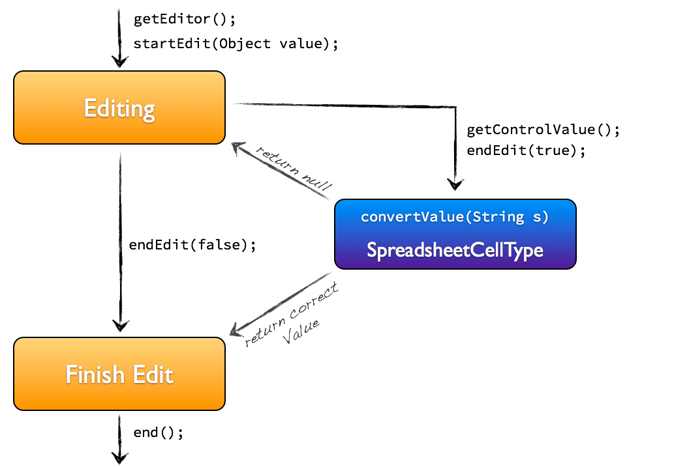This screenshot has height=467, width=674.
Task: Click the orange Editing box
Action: pos(119,107)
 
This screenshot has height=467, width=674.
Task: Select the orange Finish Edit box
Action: pos(119,374)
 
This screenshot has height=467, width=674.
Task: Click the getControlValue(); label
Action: pos(543,130)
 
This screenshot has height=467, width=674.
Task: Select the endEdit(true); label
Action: pos(526,150)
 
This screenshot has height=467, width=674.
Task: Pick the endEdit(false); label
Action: pos(192,245)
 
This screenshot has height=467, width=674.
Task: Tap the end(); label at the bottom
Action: pos(159,432)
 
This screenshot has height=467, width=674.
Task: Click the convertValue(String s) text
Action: pos(455,217)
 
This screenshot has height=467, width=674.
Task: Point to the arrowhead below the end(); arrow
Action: pos(119,456)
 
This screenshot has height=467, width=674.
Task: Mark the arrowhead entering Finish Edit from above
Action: pos(119,325)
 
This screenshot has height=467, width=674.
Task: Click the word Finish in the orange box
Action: pos(95,375)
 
